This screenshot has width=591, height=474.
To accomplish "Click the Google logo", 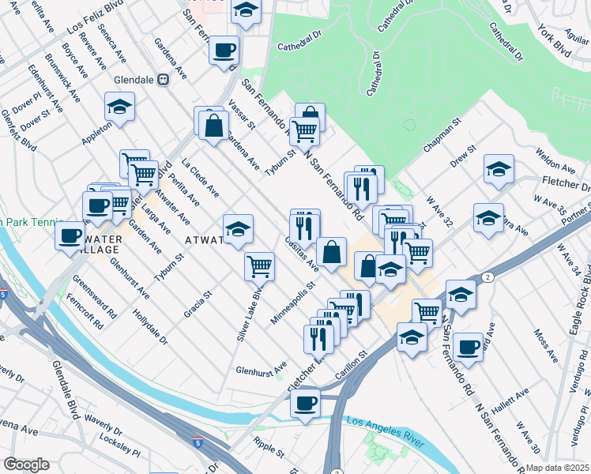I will (26, 465).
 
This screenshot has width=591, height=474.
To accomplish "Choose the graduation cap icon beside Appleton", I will (120, 107).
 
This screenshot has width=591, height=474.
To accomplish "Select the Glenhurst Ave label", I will (261, 369).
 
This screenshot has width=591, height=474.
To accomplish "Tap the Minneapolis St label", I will (292, 304).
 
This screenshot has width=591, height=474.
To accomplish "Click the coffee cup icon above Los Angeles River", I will (305, 403).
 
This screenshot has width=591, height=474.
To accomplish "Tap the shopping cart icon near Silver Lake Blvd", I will (259, 267).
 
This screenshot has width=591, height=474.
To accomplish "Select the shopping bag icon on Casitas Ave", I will (332, 252).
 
